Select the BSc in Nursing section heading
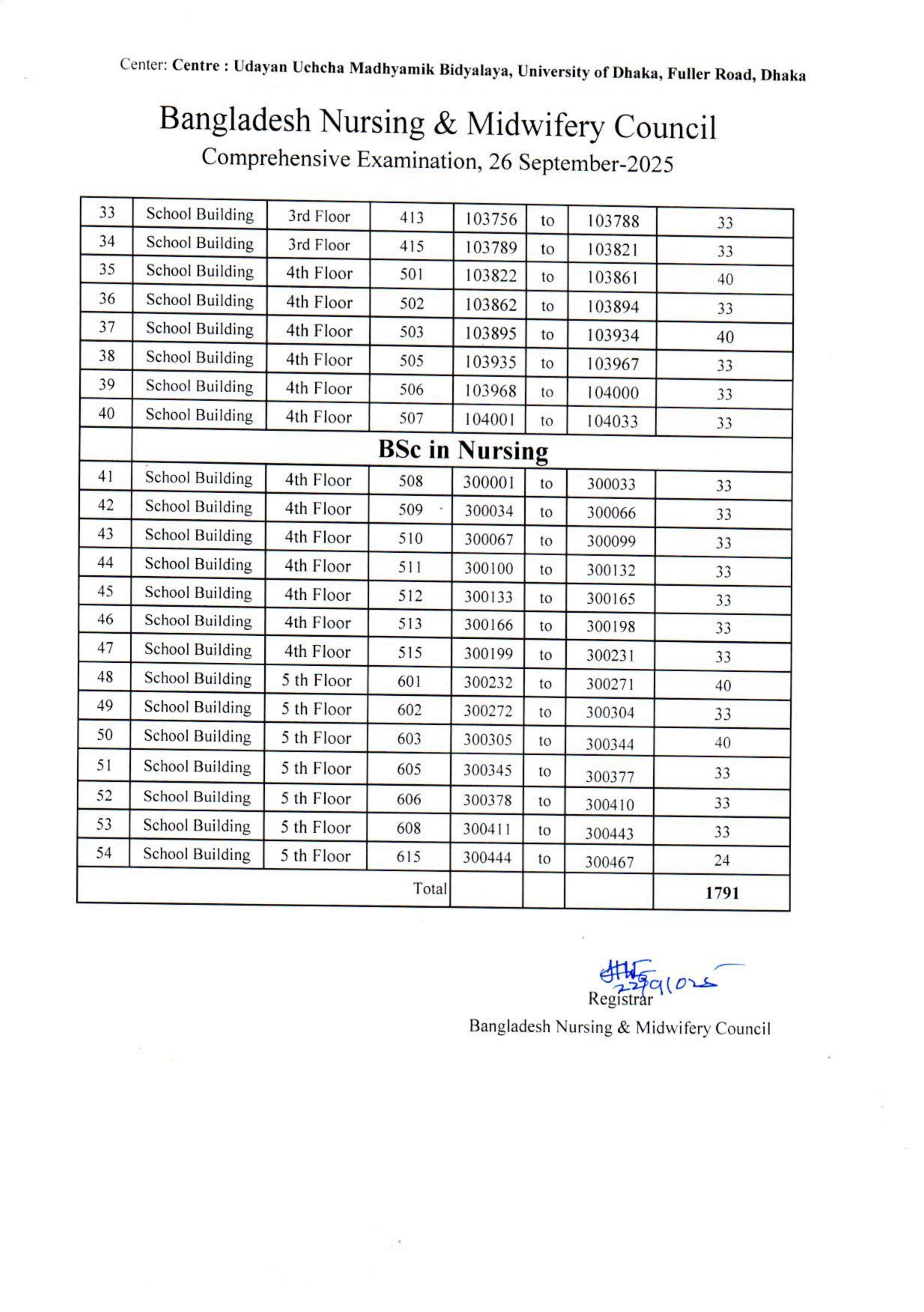[x=463, y=451]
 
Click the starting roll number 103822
[x=490, y=276]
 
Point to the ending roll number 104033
[x=612, y=422]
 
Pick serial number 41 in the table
[x=105, y=477]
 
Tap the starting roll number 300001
[x=489, y=483]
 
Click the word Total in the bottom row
[x=429, y=888]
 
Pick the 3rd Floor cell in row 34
[x=319, y=245]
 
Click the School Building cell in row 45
[x=198, y=593]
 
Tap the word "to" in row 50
[x=544, y=741]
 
